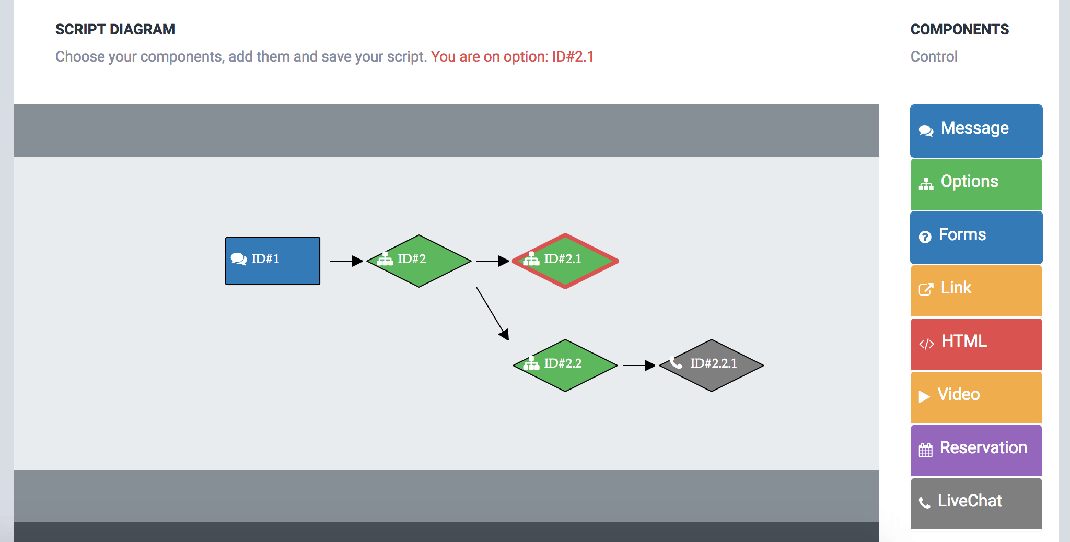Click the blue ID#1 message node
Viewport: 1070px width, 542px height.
click(x=273, y=261)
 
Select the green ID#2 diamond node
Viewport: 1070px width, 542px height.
click(x=419, y=261)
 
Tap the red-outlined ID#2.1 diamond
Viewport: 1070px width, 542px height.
click(x=565, y=261)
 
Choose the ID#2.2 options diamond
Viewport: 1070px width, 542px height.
click(x=565, y=366)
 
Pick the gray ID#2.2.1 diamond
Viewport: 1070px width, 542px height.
click(x=712, y=366)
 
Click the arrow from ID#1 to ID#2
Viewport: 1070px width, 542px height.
click(x=346, y=261)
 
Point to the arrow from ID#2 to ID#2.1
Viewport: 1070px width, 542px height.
click(x=493, y=261)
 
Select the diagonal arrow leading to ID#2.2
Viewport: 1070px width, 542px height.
click(x=493, y=314)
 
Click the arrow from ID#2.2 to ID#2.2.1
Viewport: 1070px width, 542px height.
click(x=639, y=366)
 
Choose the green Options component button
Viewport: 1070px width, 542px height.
click(x=976, y=184)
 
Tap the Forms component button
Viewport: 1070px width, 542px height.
click(x=976, y=238)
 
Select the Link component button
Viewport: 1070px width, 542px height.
click(x=976, y=291)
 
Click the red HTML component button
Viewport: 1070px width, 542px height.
click(x=976, y=344)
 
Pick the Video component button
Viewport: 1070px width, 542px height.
click(x=976, y=397)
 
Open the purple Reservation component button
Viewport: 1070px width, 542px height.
click(x=976, y=451)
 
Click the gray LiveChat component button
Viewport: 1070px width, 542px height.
click(x=976, y=504)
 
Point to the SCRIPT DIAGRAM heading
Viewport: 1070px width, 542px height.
click(x=115, y=30)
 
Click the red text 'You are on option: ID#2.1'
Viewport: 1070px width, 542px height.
click(x=513, y=56)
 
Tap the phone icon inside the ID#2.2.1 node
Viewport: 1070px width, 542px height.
click(x=676, y=362)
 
